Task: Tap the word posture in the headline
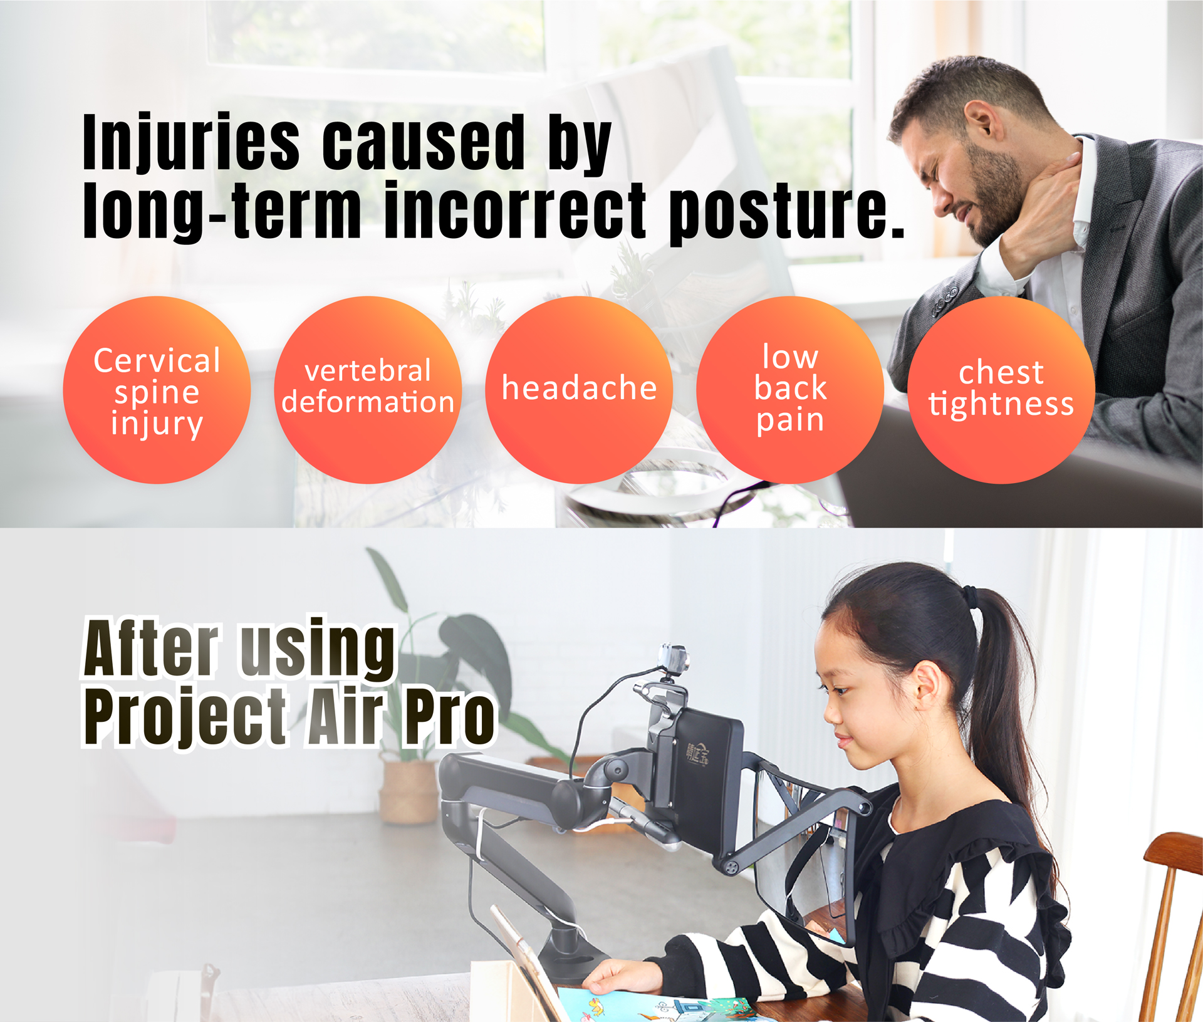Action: [788, 213]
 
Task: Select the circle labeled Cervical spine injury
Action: [157, 390]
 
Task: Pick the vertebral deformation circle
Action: [368, 390]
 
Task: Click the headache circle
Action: [579, 390]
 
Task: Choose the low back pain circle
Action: [790, 390]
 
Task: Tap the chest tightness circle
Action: [1001, 390]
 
